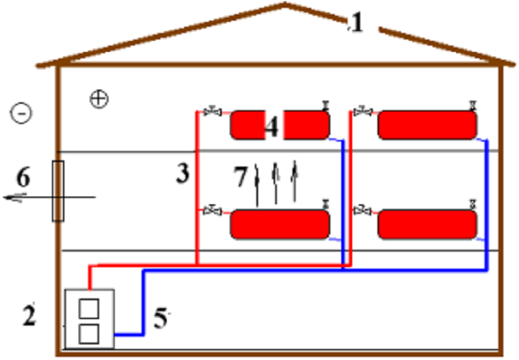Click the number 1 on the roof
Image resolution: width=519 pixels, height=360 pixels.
[x=356, y=23]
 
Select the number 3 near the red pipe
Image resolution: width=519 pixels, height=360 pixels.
[x=183, y=173]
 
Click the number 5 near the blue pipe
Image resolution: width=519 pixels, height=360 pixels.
[x=161, y=318]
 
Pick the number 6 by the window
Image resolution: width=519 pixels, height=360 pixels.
[x=23, y=177]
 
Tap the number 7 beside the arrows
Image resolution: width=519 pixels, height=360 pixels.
[x=241, y=176]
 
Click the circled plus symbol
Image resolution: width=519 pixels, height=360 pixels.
[x=99, y=99]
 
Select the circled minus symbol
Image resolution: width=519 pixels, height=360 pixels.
[x=21, y=113]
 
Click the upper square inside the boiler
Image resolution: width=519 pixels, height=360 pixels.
[x=89, y=308]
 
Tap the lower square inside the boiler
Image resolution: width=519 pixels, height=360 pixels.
[x=89, y=334]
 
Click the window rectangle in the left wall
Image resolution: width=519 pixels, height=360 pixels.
[x=58, y=191]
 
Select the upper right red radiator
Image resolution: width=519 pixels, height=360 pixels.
[x=428, y=125]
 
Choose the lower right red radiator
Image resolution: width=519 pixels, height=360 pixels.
[x=428, y=224]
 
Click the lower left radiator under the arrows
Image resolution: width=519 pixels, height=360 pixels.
[x=280, y=224]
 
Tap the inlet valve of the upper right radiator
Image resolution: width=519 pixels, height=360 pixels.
[x=363, y=112]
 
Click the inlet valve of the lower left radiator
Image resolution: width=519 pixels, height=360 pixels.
[x=213, y=210]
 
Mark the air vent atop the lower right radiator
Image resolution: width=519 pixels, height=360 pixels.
[x=473, y=204]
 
